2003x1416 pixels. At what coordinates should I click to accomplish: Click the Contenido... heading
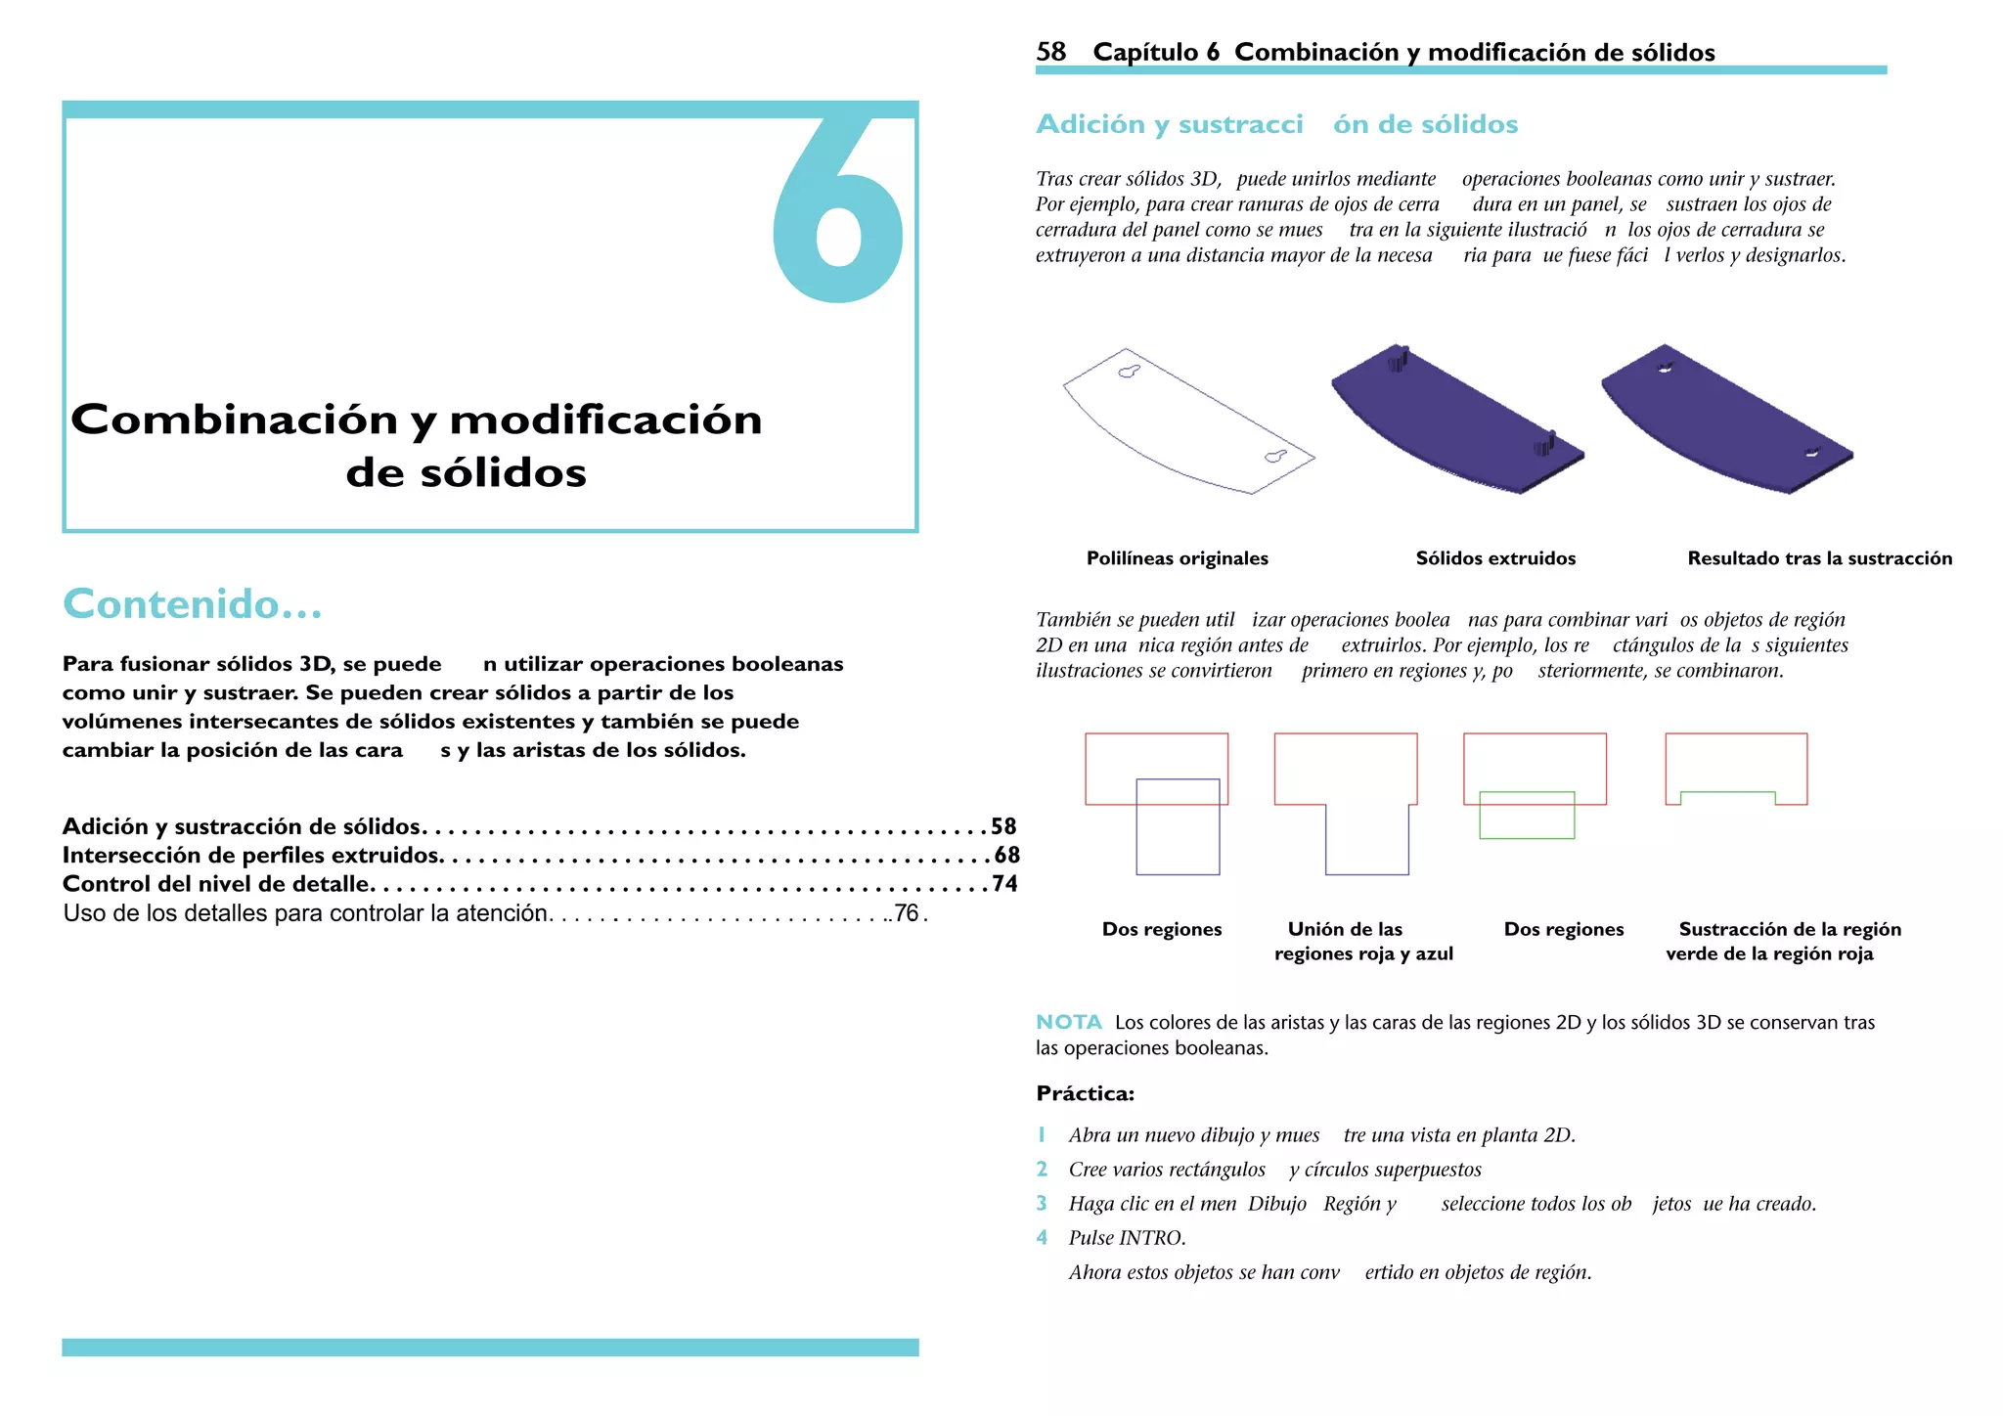tap(193, 604)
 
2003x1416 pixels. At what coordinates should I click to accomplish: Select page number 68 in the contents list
tap(1006, 856)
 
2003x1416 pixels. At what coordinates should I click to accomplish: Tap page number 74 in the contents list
tap(1004, 884)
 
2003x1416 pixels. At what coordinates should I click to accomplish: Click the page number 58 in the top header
tap(1050, 52)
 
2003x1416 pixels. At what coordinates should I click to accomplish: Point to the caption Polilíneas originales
tap(1177, 558)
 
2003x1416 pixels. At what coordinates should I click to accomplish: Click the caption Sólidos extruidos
tap(1495, 558)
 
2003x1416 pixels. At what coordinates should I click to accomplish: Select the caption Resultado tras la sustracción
tap(1819, 558)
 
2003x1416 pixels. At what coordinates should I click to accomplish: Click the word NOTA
tap(1068, 1022)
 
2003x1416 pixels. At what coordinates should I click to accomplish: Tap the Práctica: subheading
tap(1085, 1093)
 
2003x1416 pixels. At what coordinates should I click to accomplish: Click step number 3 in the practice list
tap(1042, 1204)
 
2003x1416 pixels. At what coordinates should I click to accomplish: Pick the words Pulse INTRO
tap(1127, 1238)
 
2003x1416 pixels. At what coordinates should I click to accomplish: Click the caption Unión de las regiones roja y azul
tap(1362, 941)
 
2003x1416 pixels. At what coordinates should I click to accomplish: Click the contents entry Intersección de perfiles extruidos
tap(251, 856)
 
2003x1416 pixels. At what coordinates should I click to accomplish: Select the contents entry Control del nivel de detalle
tap(216, 884)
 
